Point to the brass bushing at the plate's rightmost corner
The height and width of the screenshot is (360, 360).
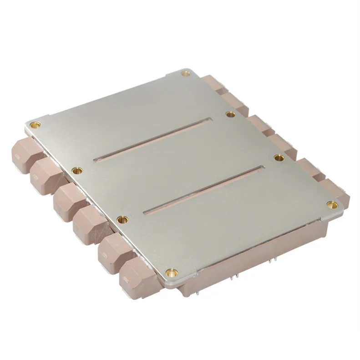(x=332, y=205)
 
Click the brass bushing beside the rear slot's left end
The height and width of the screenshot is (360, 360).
(x=78, y=170)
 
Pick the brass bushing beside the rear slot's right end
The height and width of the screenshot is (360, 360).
(x=230, y=114)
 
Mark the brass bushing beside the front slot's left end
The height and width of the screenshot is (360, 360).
(x=122, y=220)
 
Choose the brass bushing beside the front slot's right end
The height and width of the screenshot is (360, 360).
(x=279, y=157)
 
